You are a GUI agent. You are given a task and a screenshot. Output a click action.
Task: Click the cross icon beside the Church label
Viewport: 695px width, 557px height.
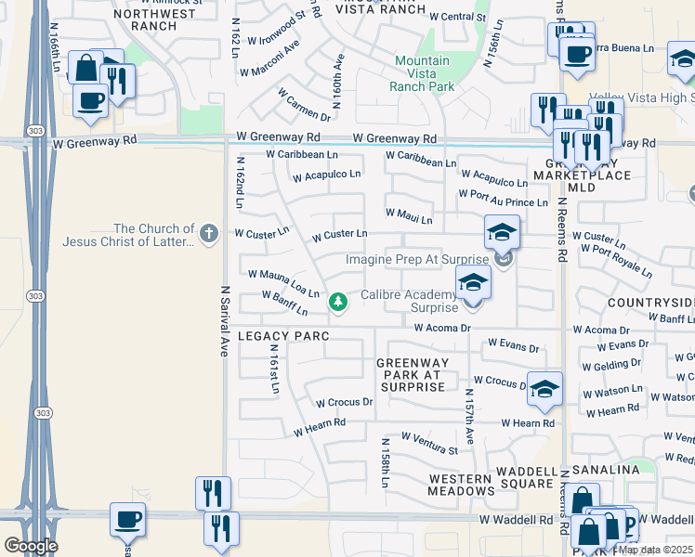[x=209, y=234]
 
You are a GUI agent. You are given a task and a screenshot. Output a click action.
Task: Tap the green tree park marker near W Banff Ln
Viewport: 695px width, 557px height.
[x=338, y=302]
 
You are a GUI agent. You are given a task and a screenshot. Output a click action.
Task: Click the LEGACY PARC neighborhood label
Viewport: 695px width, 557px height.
[x=276, y=336]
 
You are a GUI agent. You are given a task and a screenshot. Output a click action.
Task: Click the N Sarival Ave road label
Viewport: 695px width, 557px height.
[x=224, y=321]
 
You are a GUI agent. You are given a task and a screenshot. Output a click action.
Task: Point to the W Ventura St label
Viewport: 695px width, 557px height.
[x=429, y=443]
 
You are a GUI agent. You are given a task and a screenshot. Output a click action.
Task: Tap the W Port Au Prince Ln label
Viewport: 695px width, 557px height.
[x=503, y=198]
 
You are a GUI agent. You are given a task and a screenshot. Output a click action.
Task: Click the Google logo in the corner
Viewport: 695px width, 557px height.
[x=30, y=546]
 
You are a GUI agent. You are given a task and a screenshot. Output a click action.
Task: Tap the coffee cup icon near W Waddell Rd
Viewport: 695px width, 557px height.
[x=127, y=520]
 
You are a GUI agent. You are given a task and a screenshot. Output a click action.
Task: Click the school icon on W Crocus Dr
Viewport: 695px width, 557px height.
[x=545, y=390]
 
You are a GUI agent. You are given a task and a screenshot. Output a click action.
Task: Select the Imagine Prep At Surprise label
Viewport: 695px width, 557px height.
[x=416, y=260]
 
